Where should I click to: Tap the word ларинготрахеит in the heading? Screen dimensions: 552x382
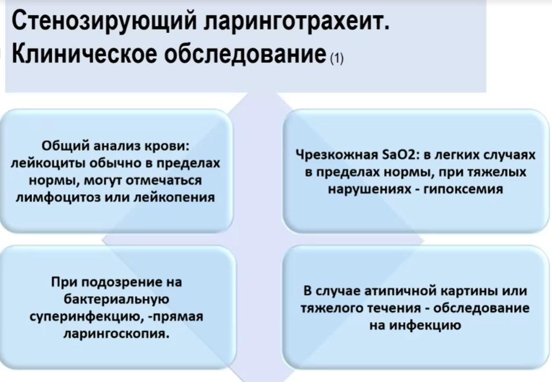pyautogui.click(x=297, y=22)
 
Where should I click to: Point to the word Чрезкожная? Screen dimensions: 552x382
pyautogui.click(x=337, y=155)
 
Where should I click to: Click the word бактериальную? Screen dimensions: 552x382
pyautogui.click(x=116, y=300)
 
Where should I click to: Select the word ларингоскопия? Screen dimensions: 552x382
pyautogui.click(x=116, y=333)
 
